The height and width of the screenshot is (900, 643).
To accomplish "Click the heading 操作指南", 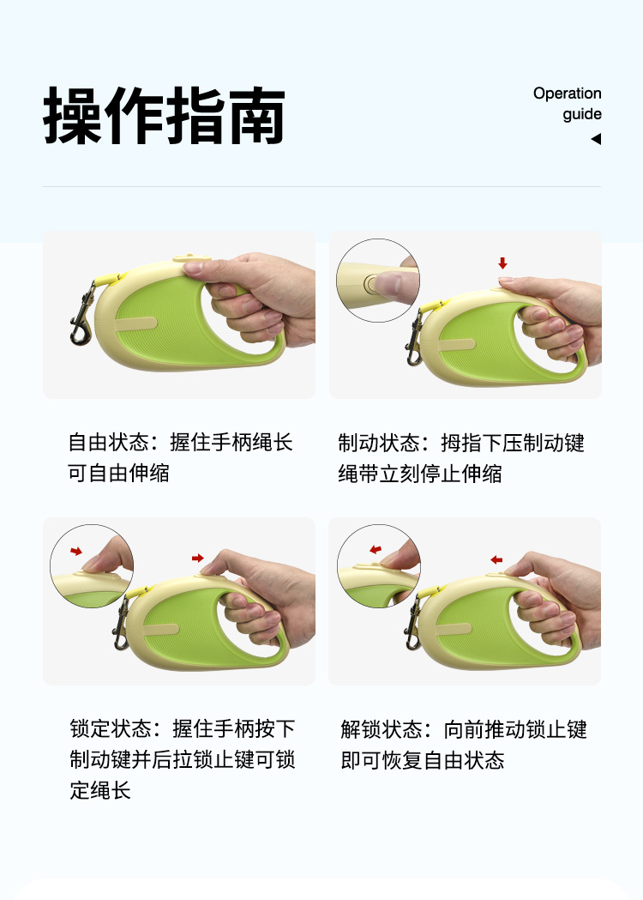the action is click(164, 115).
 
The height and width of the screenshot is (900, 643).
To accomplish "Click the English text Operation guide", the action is click(568, 103).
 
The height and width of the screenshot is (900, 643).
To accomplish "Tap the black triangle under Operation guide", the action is click(596, 139).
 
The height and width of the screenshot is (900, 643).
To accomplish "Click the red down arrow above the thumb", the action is click(502, 263).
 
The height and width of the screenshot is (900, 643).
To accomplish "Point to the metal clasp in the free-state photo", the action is click(82, 316).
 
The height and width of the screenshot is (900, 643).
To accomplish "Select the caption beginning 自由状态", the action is click(180, 458).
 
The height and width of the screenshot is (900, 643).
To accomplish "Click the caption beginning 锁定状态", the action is click(183, 759).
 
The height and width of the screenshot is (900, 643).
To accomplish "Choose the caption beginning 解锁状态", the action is click(464, 745).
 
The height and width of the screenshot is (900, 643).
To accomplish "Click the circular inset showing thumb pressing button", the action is click(378, 280).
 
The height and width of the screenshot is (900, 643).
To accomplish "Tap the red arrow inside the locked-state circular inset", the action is click(76, 552).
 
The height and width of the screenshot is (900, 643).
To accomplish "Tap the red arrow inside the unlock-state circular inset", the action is click(376, 550).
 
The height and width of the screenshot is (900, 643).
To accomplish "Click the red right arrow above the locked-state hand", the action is click(198, 558).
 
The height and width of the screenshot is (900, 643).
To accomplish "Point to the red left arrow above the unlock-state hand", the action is click(496, 559).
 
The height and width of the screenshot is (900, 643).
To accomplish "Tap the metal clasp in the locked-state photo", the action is click(121, 624).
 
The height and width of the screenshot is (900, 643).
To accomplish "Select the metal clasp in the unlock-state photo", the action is click(413, 624).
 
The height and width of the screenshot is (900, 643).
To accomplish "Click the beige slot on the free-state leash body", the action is click(136, 324).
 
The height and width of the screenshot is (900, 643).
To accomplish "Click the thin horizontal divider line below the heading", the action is click(321, 186).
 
